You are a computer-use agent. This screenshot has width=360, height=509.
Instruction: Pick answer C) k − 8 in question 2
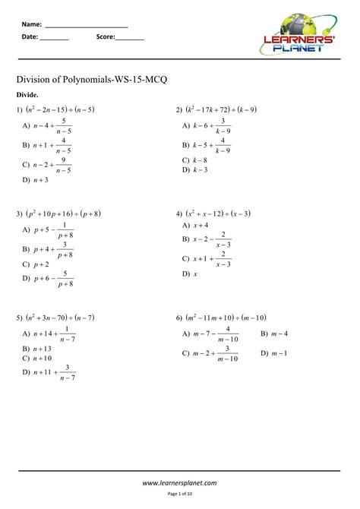[x=195, y=160]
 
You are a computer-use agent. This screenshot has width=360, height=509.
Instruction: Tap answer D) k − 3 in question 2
[x=195, y=170]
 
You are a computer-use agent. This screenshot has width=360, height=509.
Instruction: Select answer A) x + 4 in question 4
[x=195, y=226]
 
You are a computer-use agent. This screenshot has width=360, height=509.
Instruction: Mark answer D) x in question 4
[x=191, y=274]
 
